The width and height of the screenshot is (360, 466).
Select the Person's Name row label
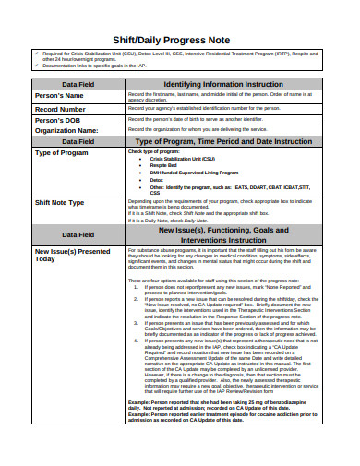coord(59,96)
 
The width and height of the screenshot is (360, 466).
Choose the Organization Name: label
coord(66,131)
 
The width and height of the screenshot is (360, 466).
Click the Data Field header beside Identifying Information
coord(76,85)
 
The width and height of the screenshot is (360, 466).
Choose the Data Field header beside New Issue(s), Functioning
coord(76,235)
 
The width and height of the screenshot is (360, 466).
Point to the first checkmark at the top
coord(34,54)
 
